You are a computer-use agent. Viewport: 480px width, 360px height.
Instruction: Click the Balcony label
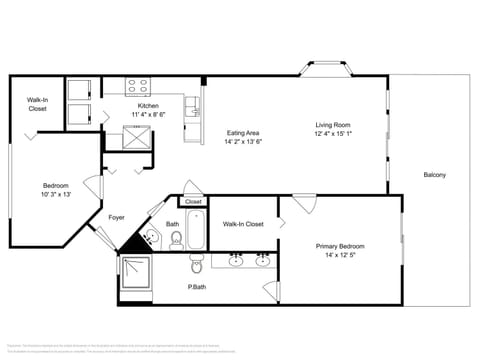pos(434,176)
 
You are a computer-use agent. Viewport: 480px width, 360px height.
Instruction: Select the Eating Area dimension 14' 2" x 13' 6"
pos(243,142)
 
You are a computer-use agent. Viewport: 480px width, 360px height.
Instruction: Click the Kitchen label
pos(148,105)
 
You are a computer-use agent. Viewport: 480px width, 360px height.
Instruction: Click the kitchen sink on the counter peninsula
pos(191,104)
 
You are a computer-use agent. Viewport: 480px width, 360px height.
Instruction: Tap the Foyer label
pos(116,216)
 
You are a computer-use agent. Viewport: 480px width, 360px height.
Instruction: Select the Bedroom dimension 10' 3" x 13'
pos(56,194)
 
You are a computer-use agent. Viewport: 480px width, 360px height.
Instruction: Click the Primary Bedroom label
pos(340,246)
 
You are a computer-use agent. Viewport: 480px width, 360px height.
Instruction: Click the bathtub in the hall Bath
pos(196,229)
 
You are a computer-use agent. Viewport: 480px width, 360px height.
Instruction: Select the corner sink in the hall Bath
pos(149,238)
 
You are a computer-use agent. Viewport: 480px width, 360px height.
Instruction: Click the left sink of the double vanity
pos(236,261)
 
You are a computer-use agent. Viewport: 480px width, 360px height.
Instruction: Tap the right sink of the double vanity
pos(263,261)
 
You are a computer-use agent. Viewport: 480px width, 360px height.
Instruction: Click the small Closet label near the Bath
pos(193,201)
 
